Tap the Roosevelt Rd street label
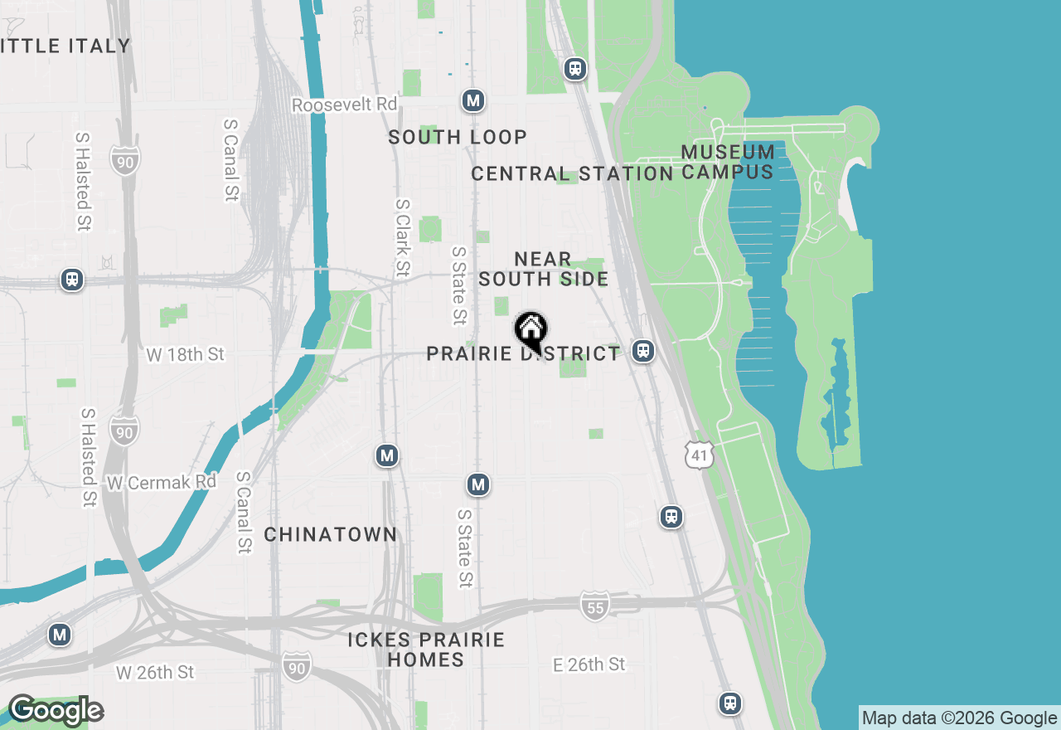(344, 105)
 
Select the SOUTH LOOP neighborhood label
(458, 138)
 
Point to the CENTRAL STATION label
(572, 174)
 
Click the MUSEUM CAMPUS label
(728, 163)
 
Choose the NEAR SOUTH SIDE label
(543, 270)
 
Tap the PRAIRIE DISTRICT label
(522, 354)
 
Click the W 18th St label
(185, 355)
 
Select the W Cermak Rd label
(162, 482)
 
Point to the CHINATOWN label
(331, 535)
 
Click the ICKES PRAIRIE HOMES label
(426, 650)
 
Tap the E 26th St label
(589, 664)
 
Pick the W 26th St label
(155, 672)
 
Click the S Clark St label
(403, 237)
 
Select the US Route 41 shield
(700, 455)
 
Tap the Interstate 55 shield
(594, 605)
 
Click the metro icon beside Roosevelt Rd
(473, 101)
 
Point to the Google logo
(56, 711)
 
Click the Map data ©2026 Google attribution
(959, 718)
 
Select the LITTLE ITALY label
(66, 46)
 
